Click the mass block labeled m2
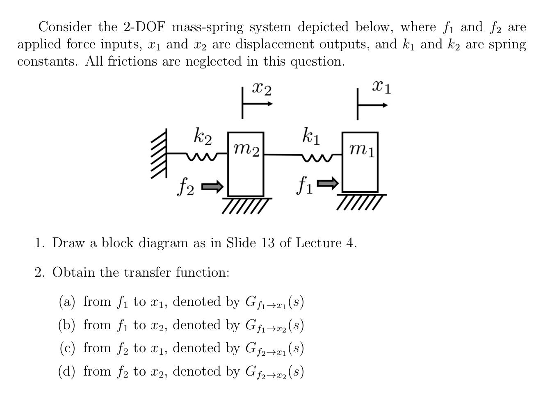pos(246,172)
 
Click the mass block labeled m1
pos(360,172)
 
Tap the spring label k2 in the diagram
pos(203,136)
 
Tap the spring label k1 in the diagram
pos(311,136)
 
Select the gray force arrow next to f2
pos(212,187)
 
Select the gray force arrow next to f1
pos(328,183)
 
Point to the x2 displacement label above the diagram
pos(262,88)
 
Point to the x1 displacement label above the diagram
pos(381,87)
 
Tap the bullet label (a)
pos(67,302)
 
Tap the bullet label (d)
pos(67,371)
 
